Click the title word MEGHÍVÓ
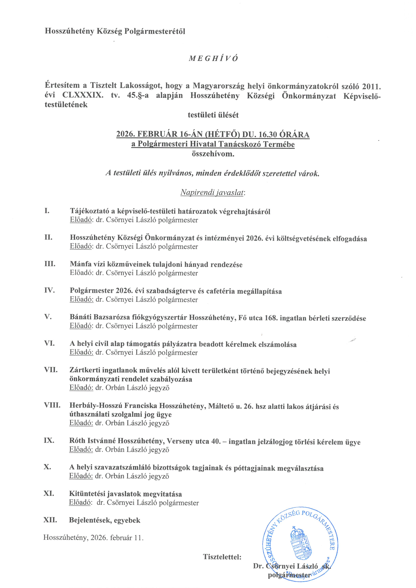point(213,59)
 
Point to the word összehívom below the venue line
point(213,154)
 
